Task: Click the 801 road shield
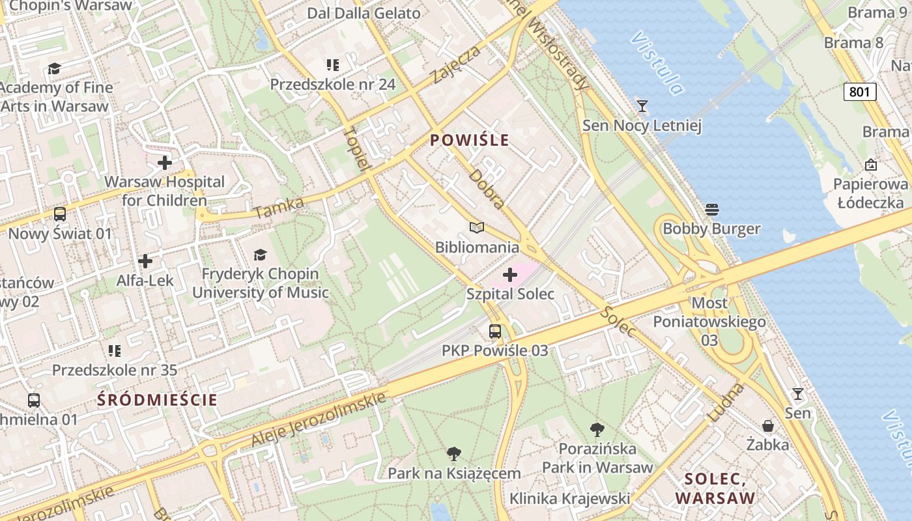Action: pos(859,92)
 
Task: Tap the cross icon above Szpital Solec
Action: pos(510,275)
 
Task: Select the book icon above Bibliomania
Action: pos(477,228)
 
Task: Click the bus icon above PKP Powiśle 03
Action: pos(495,331)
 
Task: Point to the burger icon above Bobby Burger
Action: pos(711,210)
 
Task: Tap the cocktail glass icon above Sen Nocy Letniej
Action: pos(642,106)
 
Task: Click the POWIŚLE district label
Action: pos(469,140)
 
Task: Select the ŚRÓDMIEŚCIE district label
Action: pos(157,400)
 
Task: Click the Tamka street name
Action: pos(279,208)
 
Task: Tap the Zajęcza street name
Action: pos(456,64)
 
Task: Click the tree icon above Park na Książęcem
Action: pos(454,454)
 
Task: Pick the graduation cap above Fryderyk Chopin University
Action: pos(260,255)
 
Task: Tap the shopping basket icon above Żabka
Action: pos(768,426)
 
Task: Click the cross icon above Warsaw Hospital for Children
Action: pos(165,162)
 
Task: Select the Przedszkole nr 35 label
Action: pos(115,370)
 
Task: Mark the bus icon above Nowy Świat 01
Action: pos(59,214)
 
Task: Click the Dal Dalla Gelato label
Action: pos(363,13)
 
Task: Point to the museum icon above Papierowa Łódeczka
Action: pos(871,165)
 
